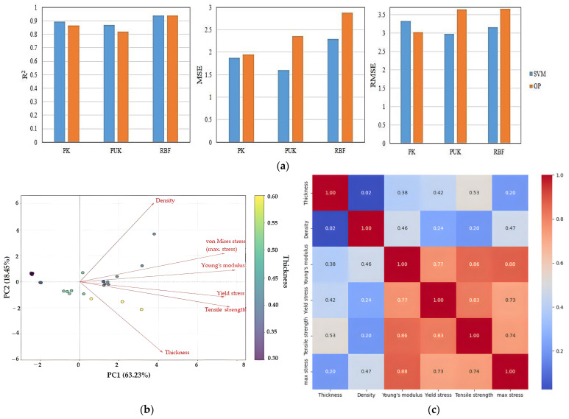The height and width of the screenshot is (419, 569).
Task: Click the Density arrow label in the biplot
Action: click(165, 200)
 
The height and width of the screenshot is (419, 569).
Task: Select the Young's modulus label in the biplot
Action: click(224, 265)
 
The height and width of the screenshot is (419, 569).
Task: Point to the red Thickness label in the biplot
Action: click(177, 353)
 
